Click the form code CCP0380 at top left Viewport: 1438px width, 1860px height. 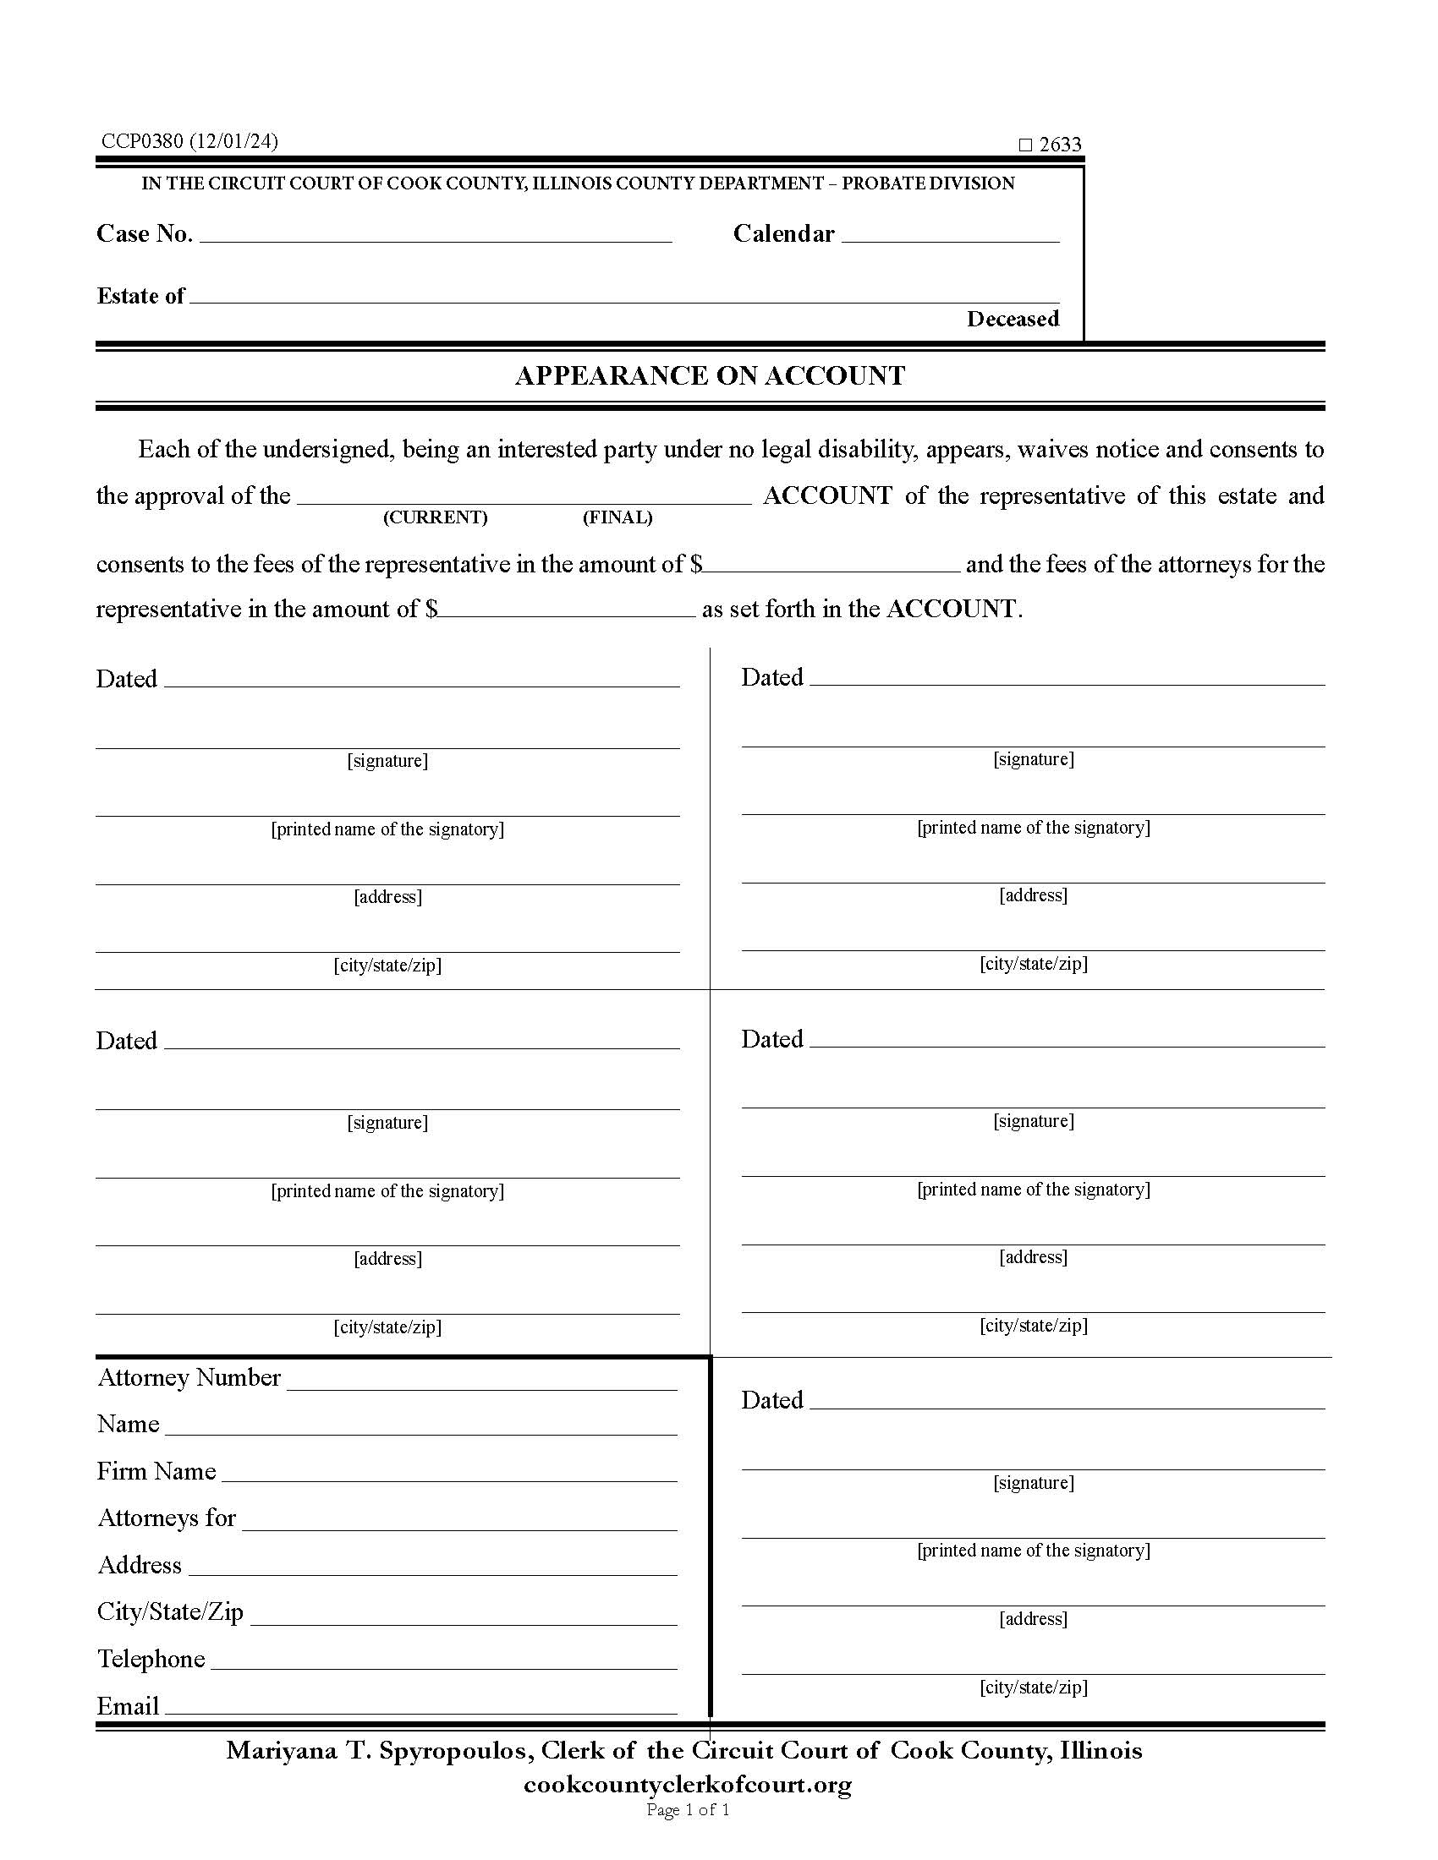[142, 141]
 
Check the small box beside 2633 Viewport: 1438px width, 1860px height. [1025, 145]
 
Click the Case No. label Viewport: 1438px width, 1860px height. [144, 233]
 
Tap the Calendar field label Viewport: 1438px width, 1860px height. [783, 233]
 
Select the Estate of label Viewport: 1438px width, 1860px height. [140, 296]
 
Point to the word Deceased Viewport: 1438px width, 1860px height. [1012, 319]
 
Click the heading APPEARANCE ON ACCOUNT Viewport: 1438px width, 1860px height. [710, 375]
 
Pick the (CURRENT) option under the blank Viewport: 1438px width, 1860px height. [435, 517]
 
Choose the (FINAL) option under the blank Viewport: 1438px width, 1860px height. [617, 517]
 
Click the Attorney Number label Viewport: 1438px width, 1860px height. [189, 1378]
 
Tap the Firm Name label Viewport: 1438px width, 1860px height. [156, 1472]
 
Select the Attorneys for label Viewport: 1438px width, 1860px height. [166, 1518]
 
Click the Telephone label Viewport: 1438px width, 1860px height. [151, 1659]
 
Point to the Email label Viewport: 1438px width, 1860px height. [128, 1706]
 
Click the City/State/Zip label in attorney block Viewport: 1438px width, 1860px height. [170, 1612]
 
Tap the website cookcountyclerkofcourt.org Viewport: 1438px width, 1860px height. [688, 1784]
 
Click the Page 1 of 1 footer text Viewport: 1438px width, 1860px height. [688, 1810]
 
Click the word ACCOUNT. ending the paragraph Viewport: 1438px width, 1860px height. [953, 609]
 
